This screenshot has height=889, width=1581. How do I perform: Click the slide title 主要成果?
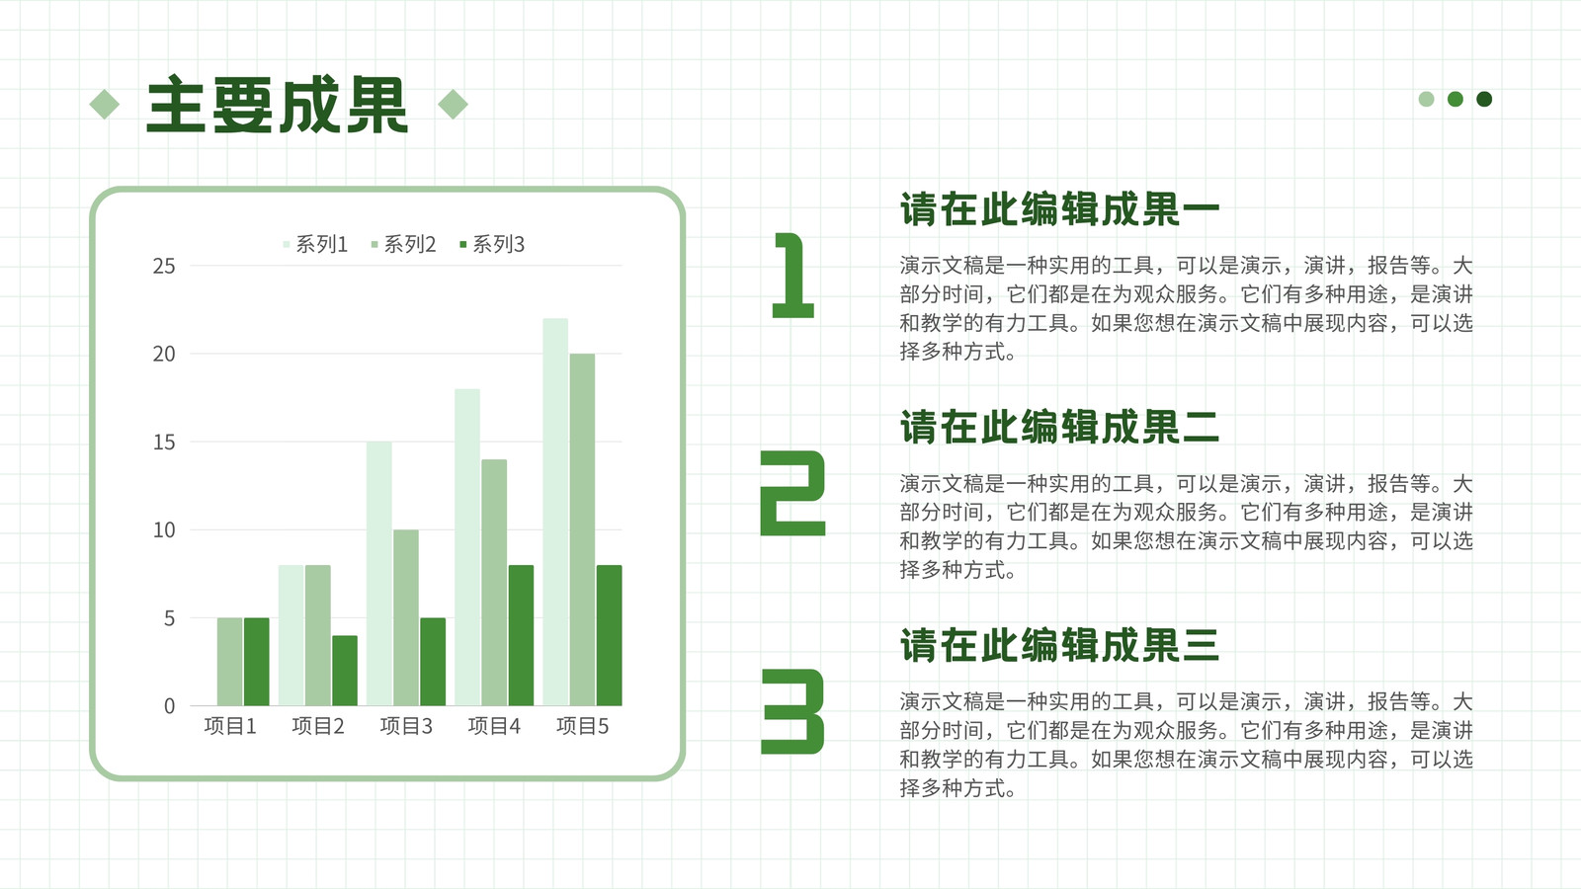(x=277, y=105)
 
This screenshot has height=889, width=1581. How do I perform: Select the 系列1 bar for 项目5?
(x=555, y=512)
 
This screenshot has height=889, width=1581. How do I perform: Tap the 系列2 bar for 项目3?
(x=406, y=617)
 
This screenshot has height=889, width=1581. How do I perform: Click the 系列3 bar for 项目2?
(x=345, y=671)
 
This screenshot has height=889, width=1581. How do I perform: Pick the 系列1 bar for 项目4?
(x=467, y=547)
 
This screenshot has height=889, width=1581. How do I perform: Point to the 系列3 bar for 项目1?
(x=256, y=662)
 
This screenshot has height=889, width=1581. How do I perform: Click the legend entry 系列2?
(x=403, y=244)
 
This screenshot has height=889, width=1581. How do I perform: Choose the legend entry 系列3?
(x=492, y=244)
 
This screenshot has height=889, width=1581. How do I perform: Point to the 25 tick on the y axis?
(x=164, y=266)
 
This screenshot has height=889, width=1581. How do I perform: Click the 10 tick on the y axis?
(x=164, y=529)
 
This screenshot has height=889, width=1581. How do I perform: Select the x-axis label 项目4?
(x=494, y=725)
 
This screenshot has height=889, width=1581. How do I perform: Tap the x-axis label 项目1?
(x=230, y=725)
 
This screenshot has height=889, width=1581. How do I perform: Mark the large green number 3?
(x=792, y=711)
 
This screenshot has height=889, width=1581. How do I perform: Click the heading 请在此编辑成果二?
(x=1059, y=427)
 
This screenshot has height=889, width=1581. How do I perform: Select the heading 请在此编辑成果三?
(x=1059, y=645)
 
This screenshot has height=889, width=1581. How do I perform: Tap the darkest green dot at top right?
(x=1484, y=99)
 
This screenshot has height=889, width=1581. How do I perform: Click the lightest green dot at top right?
(x=1427, y=99)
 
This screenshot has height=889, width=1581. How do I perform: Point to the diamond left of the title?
(x=105, y=105)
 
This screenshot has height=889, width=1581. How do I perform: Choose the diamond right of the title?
(x=454, y=105)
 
